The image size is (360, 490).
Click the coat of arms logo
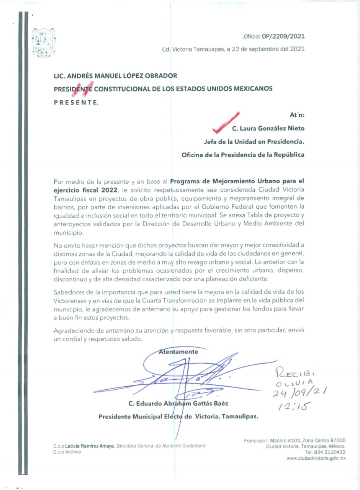(44, 42)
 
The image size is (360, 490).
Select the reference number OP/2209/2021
(283, 36)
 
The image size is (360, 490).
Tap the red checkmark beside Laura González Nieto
(226, 122)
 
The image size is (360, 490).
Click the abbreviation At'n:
(297, 114)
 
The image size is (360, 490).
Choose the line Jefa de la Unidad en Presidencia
(254, 142)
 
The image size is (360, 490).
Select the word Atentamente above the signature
(178, 352)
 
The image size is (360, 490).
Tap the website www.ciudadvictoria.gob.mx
(316, 458)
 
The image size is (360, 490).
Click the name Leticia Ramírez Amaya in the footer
(90, 446)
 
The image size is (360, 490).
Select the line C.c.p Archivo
(67, 452)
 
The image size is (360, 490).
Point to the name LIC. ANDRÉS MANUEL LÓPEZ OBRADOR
(115, 76)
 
